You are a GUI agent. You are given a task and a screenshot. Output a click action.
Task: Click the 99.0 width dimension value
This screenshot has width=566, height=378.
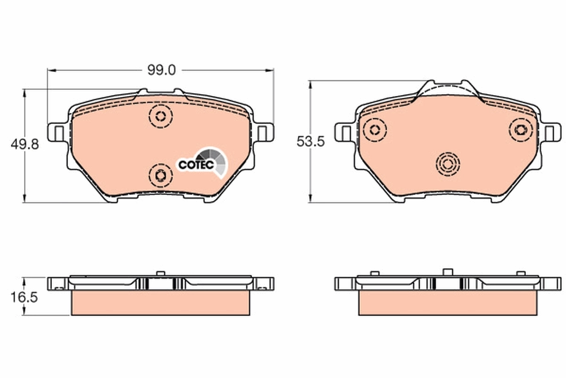tap(161, 70)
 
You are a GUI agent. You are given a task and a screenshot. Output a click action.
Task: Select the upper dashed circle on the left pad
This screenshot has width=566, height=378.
tap(160, 116)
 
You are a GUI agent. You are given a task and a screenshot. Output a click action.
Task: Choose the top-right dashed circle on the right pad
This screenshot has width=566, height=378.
tap(521, 129)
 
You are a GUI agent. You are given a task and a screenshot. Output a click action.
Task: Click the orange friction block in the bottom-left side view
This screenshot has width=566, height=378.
tap(160, 302)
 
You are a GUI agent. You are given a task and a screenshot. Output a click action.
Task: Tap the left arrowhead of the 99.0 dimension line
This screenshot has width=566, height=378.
tap(51, 70)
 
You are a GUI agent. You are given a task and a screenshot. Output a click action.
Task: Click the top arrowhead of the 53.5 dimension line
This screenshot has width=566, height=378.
tap(310, 84)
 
